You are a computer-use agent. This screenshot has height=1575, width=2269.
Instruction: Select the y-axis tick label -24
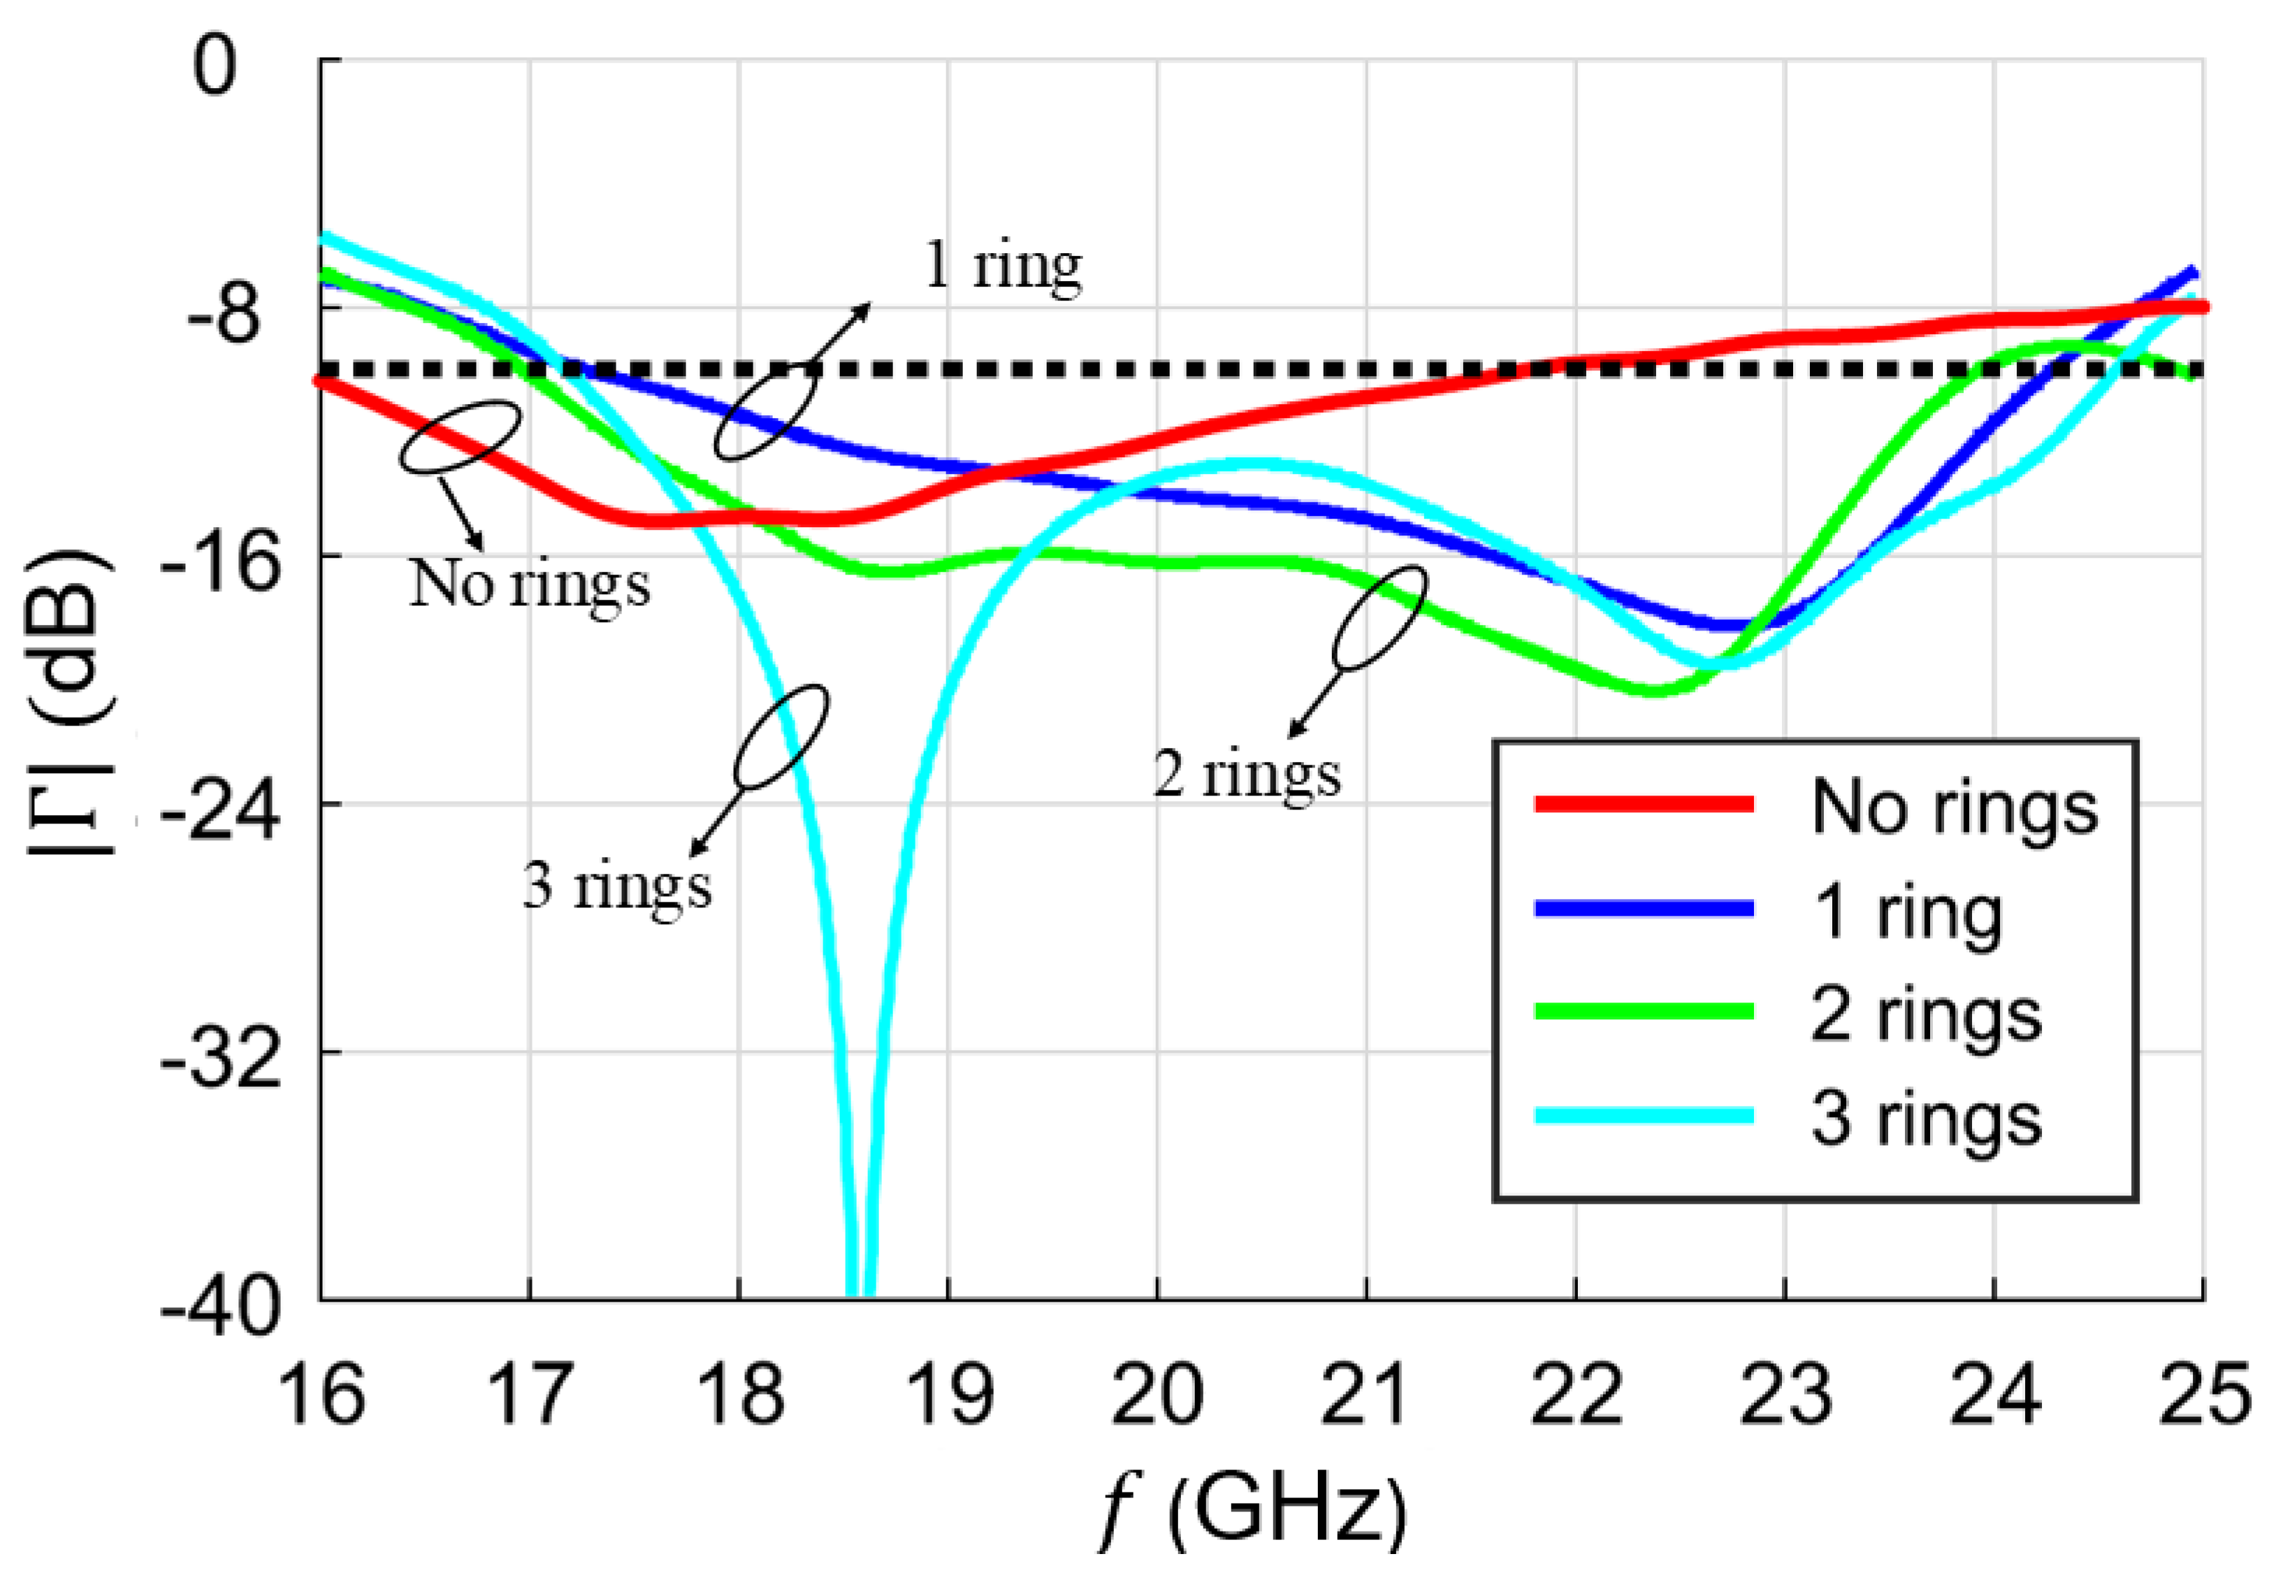(x=219, y=815)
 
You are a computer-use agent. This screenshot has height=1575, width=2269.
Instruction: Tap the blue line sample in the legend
(x=1644, y=909)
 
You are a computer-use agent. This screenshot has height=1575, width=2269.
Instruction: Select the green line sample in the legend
(x=1644, y=1012)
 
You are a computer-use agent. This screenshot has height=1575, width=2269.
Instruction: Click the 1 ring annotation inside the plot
(x=1002, y=266)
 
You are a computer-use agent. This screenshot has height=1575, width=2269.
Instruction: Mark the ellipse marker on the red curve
(x=460, y=436)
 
